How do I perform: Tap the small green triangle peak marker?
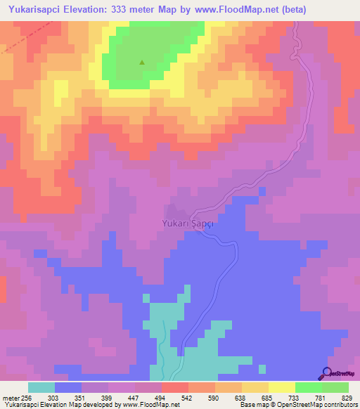coord(142,62)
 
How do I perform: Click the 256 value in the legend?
coord(27,397)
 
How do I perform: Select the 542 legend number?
coord(188,397)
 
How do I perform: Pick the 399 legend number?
coord(108,397)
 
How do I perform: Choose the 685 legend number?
coord(268,397)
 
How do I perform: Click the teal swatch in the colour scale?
coord(41,387)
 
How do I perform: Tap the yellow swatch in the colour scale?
coord(281,387)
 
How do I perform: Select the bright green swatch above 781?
coord(308,387)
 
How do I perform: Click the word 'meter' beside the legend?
coord(10,397)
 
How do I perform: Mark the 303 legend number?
coord(54,397)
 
